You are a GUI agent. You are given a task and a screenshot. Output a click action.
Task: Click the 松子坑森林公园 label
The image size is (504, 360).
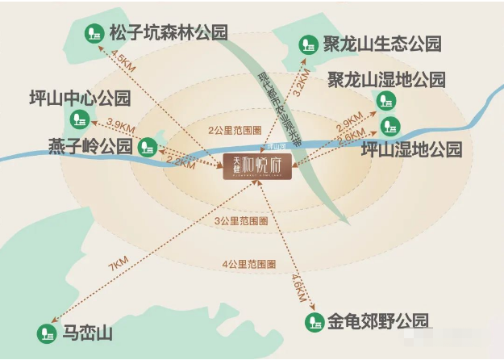point(169,33)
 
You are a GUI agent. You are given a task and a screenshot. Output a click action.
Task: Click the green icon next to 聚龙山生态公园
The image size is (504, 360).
point(306,44)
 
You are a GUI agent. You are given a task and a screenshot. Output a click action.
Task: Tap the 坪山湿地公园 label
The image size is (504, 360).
point(411,149)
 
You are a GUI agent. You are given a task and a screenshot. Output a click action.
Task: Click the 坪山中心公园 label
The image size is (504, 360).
point(68,99)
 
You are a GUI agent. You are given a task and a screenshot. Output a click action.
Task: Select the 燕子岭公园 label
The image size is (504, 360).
point(90,146)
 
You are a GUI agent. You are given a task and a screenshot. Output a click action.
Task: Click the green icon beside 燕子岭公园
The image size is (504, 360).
point(148,146)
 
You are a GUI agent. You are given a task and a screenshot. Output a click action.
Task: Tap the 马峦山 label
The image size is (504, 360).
point(89,333)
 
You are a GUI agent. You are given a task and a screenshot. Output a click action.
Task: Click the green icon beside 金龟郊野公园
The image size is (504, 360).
point(314,322)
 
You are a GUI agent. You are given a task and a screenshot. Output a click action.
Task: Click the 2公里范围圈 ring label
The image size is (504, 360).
point(233,130)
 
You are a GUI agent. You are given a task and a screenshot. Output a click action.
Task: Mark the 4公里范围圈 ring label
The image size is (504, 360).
point(250,264)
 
